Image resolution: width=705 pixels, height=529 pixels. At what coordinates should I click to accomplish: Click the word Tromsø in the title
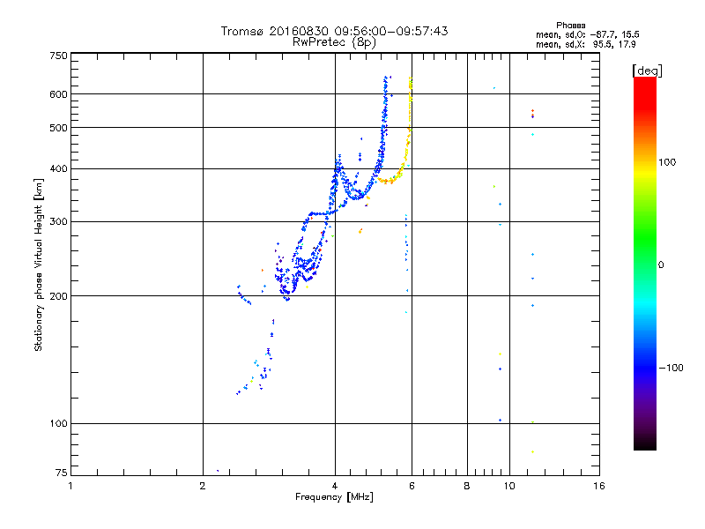tap(241, 31)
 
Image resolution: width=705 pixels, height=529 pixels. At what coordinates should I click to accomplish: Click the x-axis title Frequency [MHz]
tap(334, 497)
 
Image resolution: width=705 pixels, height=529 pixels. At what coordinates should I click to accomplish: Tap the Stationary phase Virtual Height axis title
tap(39, 264)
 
